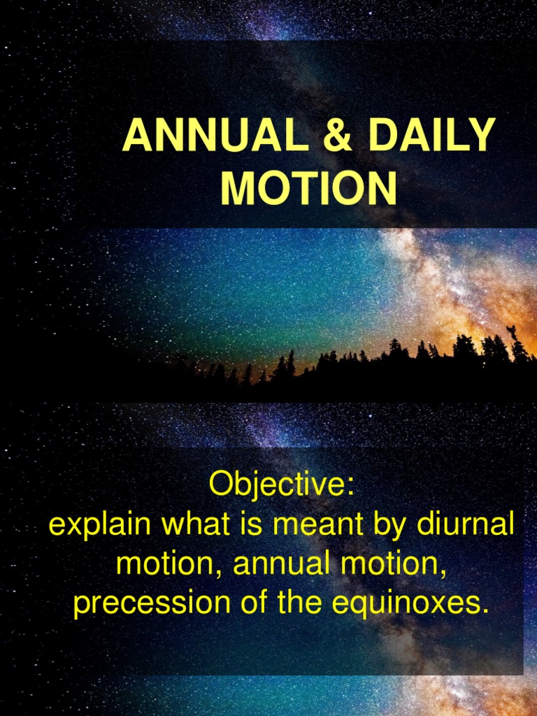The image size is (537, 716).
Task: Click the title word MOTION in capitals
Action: click(x=308, y=188)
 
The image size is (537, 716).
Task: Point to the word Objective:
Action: click(x=281, y=485)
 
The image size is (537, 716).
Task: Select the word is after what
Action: click(x=246, y=524)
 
